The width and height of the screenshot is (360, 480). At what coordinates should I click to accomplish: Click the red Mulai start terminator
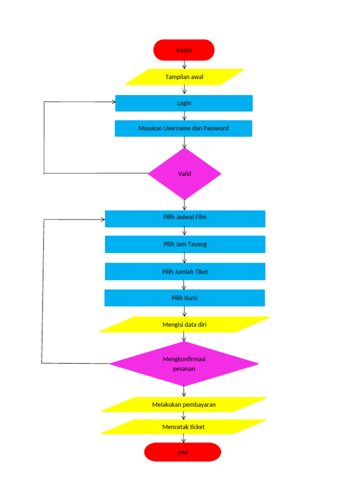click(184, 50)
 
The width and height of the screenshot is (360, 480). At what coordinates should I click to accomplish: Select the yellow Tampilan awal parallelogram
click(184, 77)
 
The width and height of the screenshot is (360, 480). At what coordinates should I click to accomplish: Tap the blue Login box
click(184, 103)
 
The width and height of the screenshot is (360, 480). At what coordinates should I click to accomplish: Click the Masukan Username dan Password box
click(183, 128)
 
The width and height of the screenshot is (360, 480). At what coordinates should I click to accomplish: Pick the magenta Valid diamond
click(184, 174)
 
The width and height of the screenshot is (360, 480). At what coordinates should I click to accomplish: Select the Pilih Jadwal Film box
click(185, 218)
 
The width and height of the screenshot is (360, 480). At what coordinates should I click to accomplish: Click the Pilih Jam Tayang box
click(185, 244)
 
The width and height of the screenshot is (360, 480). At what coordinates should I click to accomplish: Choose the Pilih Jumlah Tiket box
click(185, 271)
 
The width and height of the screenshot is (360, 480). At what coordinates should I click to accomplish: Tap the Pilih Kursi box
click(184, 298)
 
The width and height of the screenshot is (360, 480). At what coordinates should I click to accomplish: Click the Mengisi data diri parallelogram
click(184, 324)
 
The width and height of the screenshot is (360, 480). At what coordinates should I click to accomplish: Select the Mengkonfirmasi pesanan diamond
click(184, 363)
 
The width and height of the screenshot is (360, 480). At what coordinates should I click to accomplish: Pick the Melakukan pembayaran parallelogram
click(184, 405)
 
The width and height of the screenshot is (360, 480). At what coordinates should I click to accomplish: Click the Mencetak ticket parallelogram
click(183, 427)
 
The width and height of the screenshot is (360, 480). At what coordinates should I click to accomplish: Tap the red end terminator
click(182, 452)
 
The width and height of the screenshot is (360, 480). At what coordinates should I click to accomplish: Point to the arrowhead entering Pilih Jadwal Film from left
click(102, 219)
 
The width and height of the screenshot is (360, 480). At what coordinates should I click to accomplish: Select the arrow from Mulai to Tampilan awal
click(184, 65)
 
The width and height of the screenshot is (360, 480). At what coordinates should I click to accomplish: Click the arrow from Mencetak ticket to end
click(183, 438)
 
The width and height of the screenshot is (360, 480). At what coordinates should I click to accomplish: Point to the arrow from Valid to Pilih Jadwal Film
click(184, 205)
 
